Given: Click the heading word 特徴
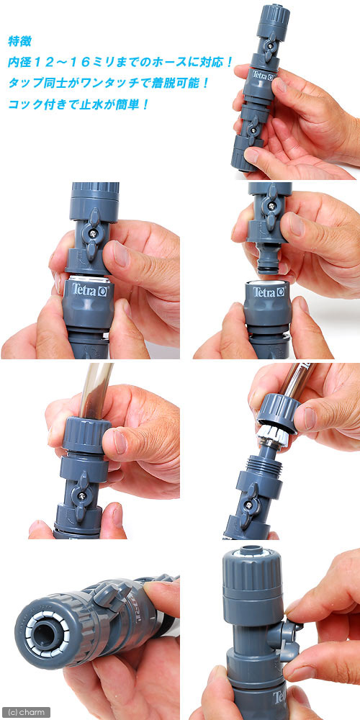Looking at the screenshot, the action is (x=19, y=41).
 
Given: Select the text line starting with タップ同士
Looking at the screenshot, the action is (x=109, y=84).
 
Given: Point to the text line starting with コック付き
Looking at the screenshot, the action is (x=78, y=104).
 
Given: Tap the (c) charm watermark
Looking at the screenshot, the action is (x=26, y=713).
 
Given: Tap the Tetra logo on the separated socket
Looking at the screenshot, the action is (x=269, y=292).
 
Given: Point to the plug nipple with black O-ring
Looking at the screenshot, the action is (x=266, y=259).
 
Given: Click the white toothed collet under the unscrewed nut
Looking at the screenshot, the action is (x=274, y=433).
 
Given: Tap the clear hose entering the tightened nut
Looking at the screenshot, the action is (x=95, y=390).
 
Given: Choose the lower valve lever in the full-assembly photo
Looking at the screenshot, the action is (x=253, y=130).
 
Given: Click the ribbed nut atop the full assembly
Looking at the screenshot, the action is (x=273, y=17).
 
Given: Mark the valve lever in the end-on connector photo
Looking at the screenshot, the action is (x=110, y=597).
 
